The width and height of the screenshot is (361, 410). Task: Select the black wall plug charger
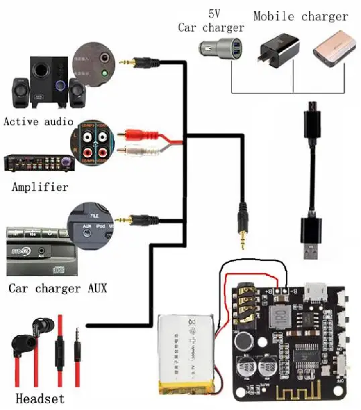pos(278,52)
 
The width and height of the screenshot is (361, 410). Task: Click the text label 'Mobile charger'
pos(301,16)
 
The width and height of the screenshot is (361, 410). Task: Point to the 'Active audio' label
pos(38,121)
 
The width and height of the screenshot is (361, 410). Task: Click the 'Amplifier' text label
pos(40,187)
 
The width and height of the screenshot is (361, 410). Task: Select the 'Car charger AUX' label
pos(58,288)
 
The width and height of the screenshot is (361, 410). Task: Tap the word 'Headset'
pos(40,398)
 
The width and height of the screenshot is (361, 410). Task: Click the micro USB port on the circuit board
pos(317,290)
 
